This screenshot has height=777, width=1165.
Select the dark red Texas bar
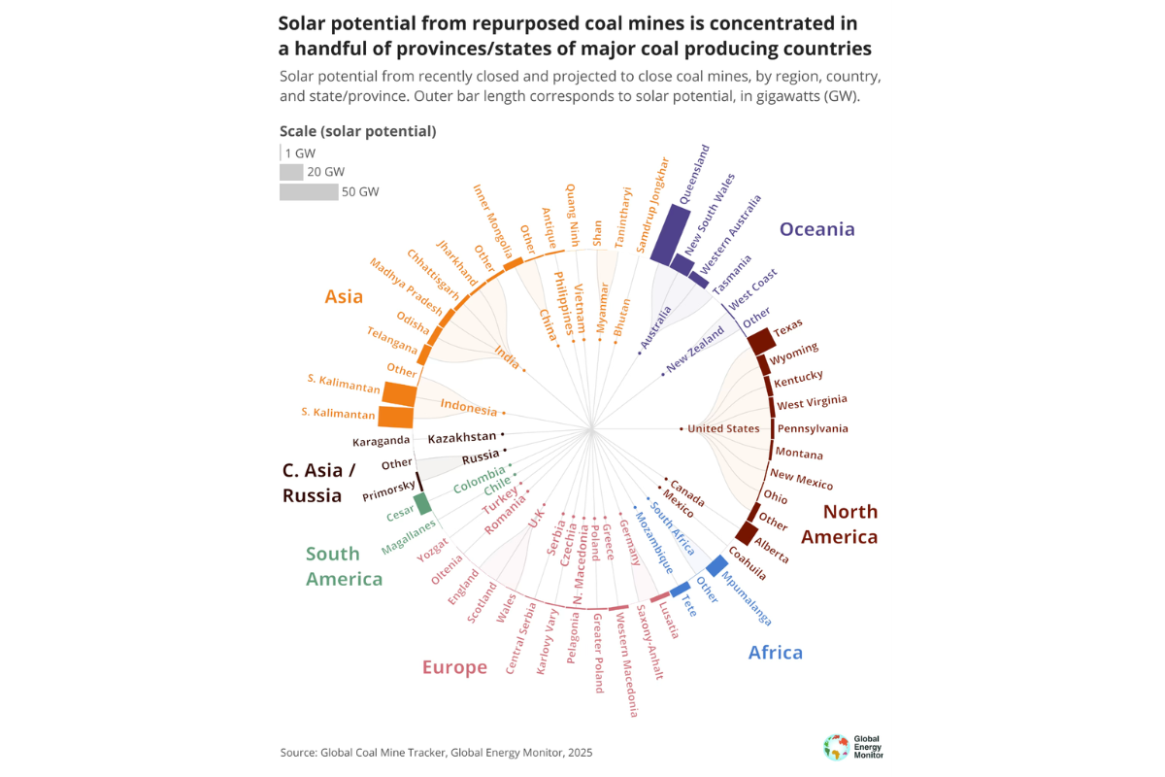[x=760, y=341]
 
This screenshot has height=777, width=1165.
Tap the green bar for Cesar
[x=422, y=503]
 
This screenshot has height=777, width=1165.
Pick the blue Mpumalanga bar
[x=717, y=565]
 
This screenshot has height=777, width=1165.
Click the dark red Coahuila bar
[x=747, y=533]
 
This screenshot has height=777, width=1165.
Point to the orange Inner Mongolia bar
[x=514, y=262]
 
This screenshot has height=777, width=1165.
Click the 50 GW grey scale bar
[x=309, y=192]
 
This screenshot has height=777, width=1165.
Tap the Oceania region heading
[x=817, y=229]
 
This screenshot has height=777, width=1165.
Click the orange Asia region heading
[x=344, y=296]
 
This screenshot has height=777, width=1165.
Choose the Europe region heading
[x=454, y=667]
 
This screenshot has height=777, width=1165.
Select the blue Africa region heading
[x=775, y=652]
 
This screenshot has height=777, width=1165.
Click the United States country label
[x=723, y=428]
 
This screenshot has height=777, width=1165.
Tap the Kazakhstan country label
[x=461, y=437]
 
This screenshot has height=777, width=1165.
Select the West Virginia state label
[x=812, y=402]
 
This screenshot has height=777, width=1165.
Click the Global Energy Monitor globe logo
[x=835, y=747]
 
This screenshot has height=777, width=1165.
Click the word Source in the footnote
[x=296, y=753]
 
